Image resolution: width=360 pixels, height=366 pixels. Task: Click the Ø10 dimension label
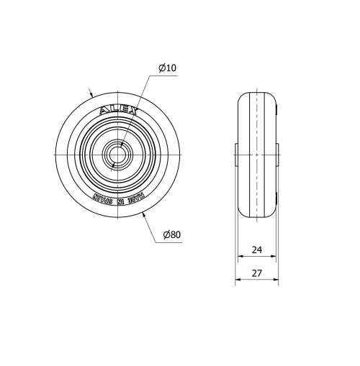(x=167, y=68)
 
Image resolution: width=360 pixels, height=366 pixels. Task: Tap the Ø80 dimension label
(x=171, y=235)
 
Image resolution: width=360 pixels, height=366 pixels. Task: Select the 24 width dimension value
(x=256, y=252)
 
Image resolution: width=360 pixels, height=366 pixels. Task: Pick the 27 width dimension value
(x=257, y=273)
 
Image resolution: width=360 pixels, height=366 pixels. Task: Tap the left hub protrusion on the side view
(x=236, y=155)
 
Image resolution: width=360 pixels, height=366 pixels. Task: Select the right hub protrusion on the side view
(x=277, y=155)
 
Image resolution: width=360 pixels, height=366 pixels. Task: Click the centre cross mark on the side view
(x=257, y=155)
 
